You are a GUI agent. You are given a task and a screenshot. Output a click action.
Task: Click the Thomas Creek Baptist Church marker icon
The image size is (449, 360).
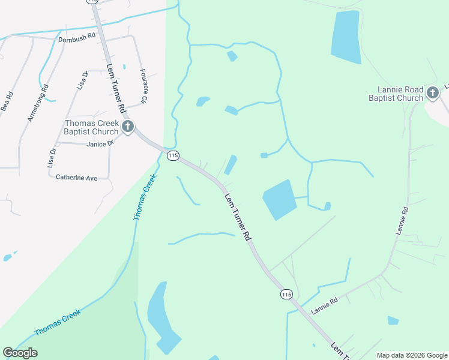pos(127,127)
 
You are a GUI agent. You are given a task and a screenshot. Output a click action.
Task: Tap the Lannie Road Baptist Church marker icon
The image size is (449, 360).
pos(432,93)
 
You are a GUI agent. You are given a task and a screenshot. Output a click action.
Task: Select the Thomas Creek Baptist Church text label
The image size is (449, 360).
pos(92,127)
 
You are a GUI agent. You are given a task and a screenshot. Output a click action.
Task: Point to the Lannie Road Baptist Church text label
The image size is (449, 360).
pos(396,94)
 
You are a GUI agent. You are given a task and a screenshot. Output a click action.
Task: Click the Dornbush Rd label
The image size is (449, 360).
pos(77,37)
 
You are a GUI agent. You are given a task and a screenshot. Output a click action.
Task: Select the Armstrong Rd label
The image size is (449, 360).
pos(37,103)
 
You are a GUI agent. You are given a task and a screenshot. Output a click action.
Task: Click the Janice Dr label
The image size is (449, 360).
pos(100,144)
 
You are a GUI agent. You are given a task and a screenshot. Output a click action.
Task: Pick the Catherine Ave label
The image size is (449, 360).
pos(76,178)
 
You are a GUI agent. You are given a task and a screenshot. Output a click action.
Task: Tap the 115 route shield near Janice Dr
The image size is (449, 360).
pos(173,155)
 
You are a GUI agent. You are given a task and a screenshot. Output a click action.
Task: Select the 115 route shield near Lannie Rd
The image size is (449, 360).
pos(286,294)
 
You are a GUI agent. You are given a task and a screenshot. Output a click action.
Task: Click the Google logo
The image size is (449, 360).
pos(20,353)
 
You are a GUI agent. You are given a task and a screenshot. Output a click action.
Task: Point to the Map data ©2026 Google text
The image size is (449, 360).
pos(412,355)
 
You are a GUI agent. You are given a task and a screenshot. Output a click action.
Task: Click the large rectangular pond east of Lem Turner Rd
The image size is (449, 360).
pos(279,199)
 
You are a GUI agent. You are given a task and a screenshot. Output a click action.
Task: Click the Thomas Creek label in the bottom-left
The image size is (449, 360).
pos(57,323)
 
